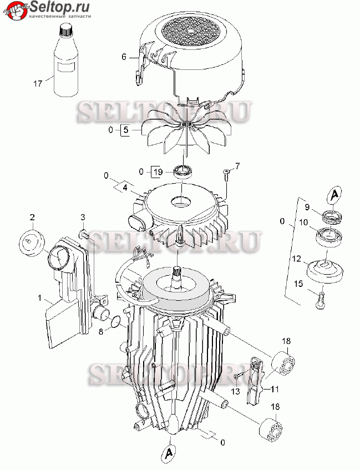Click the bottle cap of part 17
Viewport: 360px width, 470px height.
click(65, 31)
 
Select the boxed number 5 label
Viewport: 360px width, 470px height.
click(125, 130)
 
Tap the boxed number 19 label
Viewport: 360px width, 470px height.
click(158, 172)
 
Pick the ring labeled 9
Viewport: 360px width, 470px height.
click(332, 216)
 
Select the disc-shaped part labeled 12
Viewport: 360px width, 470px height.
click(325, 271)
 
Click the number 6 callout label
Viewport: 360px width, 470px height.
click(124, 57)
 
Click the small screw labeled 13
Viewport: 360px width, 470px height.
click(237, 376)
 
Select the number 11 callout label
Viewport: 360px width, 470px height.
click(275, 390)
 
